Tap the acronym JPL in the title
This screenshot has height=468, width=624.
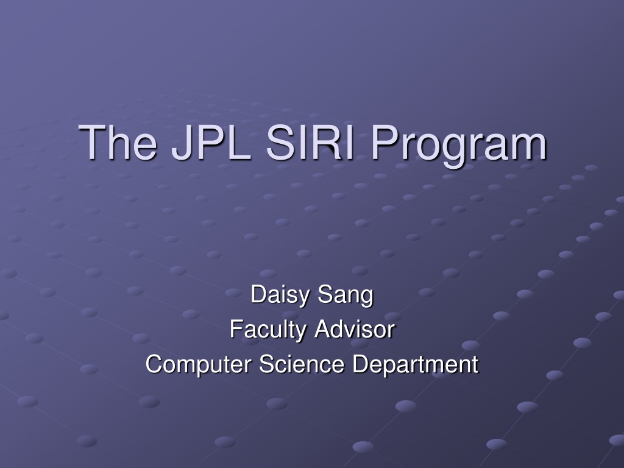(x=211, y=142)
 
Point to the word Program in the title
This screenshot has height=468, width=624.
(x=458, y=145)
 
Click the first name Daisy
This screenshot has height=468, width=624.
(x=280, y=295)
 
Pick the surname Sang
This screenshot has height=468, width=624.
(x=346, y=296)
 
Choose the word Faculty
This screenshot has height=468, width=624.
(x=268, y=330)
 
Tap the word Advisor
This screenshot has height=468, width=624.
(x=354, y=330)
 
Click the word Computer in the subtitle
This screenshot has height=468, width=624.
(x=199, y=364)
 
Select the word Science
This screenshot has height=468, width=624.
(x=302, y=364)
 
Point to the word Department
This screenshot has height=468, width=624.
(x=416, y=364)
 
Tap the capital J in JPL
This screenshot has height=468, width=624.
(x=182, y=143)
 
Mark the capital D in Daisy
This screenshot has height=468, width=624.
(x=258, y=294)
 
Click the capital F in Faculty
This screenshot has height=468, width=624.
(x=237, y=329)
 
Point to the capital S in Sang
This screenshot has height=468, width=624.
(x=325, y=294)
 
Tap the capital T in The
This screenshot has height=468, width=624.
(x=93, y=142)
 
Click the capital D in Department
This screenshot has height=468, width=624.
(x=361, y=364)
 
